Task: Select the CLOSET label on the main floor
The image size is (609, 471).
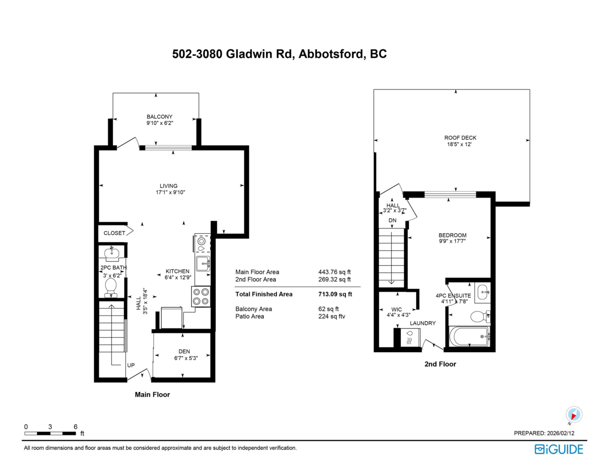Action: click(114, 233)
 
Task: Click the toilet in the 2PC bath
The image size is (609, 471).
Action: click(111, 287)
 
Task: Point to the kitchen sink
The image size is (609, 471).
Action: click(203, 263)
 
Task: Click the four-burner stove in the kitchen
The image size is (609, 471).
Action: click(200, 296)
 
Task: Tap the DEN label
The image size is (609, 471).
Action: click(184, 351)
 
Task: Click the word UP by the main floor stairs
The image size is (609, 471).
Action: click(130, 365)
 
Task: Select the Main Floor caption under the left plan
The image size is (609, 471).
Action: click(152, 394)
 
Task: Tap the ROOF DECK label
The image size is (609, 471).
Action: click(460, 138)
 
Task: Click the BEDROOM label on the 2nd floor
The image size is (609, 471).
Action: click(452, 235)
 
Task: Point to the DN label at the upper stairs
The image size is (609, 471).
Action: click(392, 221)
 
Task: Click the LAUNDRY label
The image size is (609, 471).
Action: click(423, 323)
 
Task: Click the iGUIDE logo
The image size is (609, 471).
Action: click(559, 449)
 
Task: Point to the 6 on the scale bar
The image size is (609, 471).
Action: click(75, 427)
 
